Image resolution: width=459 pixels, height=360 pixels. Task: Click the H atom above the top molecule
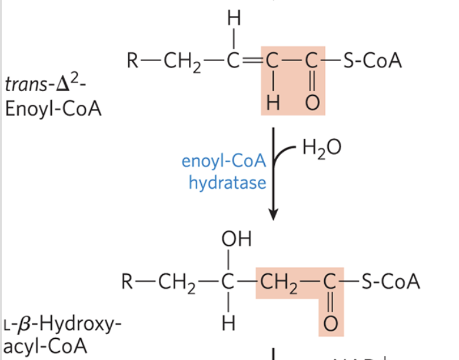(234, 19)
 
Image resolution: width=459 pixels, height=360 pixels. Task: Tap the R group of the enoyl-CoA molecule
(133, 61)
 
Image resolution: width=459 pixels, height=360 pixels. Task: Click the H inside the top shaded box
(272, 104)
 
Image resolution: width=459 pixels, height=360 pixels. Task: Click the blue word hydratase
(227, 183)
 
